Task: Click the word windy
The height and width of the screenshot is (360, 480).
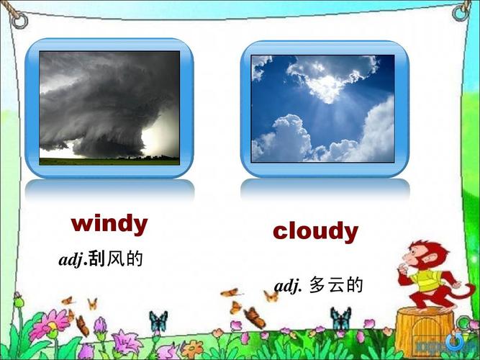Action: [109, 224]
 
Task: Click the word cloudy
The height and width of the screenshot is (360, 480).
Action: [316, 231]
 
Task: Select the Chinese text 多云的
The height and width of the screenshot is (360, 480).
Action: [336, 284]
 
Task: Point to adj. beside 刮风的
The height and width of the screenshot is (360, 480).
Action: [72, 260]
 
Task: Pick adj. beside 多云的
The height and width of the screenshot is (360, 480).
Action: [288, 286]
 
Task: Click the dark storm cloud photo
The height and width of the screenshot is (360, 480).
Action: [109, 108]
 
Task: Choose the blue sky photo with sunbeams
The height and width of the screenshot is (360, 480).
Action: [322, 109]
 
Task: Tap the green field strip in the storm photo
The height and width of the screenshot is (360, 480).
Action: [109, 161]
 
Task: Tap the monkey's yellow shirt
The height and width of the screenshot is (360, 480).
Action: [427, 280]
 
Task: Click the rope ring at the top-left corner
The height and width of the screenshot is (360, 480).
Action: [19, 21]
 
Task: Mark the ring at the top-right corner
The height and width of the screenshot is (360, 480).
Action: [461, 14]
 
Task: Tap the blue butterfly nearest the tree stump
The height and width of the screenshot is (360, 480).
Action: [340, 319]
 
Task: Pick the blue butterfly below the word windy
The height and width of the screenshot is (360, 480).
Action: [158, 321]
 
